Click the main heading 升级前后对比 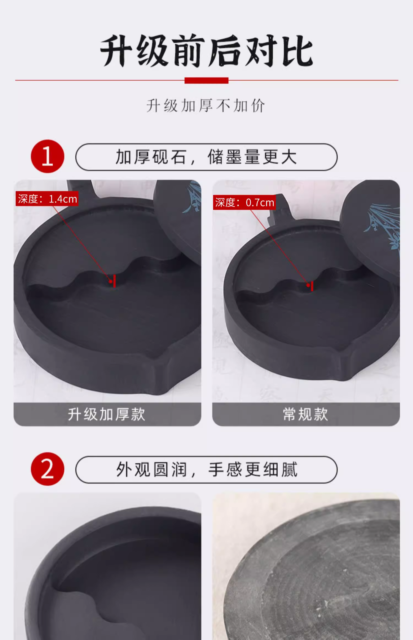206,51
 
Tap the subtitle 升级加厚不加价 206,106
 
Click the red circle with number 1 47,156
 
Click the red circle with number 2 47,469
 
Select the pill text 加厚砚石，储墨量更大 206,157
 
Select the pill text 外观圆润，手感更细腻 207,470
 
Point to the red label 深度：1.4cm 47,199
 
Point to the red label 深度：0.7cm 244,202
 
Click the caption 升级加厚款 107,414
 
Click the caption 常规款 306,414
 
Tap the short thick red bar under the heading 206,80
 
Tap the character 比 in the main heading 297,51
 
